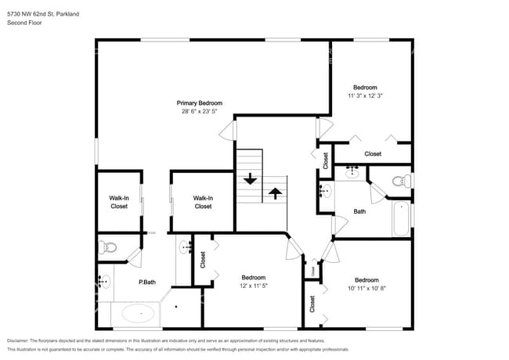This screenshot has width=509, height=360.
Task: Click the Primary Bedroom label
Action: pyautogui.click(x=199, y=103)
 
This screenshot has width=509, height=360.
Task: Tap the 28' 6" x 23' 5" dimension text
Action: pyautogui.click(x=199, y=112)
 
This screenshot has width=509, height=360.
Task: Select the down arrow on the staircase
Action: pyautogui.click(x=250, y=178)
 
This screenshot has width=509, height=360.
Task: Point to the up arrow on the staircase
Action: pyautogui.click(x=276, y=192)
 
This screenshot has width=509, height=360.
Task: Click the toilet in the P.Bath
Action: pyautogui.click(x=108, y=248)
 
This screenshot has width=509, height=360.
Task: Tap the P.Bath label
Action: pyautogui.click(x=146, y=282)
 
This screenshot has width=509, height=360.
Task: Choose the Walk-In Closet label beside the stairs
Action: pyautogui.click(x=203, y=202)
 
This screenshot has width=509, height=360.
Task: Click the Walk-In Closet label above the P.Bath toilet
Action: pyautogui.click(x=118, y=202)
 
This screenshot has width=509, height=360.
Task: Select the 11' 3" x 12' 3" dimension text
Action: pyautogui.click(x=365, y=95)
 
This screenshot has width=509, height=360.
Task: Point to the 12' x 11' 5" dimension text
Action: pyautogui.click(x=253, y=286)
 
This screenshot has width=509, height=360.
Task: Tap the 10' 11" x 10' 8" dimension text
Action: pyautogui.click(x=366, y=289)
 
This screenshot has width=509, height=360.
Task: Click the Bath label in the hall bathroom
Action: pyautogui.click(x=359, y=211)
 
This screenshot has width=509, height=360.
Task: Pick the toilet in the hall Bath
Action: pyautogui.click(x=401, y=182)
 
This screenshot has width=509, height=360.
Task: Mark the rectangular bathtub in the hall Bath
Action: pyautogui.click(x=400, y=218)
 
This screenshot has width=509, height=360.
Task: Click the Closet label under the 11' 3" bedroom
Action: pyautogui.click(x=373, y=153)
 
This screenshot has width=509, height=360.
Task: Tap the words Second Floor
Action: pyautogui.click(x=24, y=23)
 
